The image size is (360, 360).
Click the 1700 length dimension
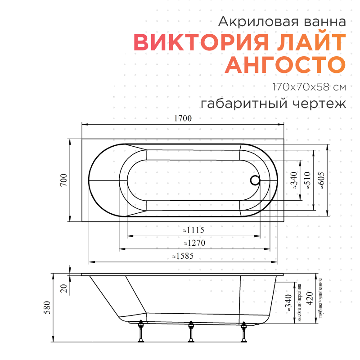click(x=183, y=119)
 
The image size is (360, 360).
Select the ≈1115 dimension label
click(x=194, y=230)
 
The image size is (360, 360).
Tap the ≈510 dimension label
click(x=308, y=180)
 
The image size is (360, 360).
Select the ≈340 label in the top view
click(x=294, y=180)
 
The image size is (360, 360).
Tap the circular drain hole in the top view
click(x=255, y=180)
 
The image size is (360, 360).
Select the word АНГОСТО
click(x=285, y=64)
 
